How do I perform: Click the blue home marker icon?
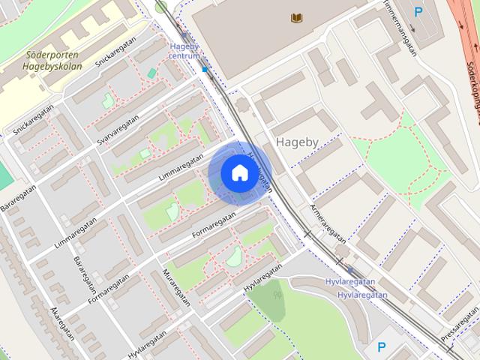click(x=238, y=172)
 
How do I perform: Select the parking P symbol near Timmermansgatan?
click(x=418, y=11)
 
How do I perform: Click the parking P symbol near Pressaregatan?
click(x=382, y=347)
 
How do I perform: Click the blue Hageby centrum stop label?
click(x=183, y=50)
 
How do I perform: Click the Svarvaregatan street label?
click(x=118, y=131)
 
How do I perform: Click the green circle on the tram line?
click(x=161, y=7)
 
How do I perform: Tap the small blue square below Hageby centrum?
click(x=204, y=70)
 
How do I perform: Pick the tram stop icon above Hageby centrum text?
click(x=184, y=35)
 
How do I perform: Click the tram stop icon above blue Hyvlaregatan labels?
click(x=352, y=270)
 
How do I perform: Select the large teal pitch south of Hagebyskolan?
click(x=4, y=176)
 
